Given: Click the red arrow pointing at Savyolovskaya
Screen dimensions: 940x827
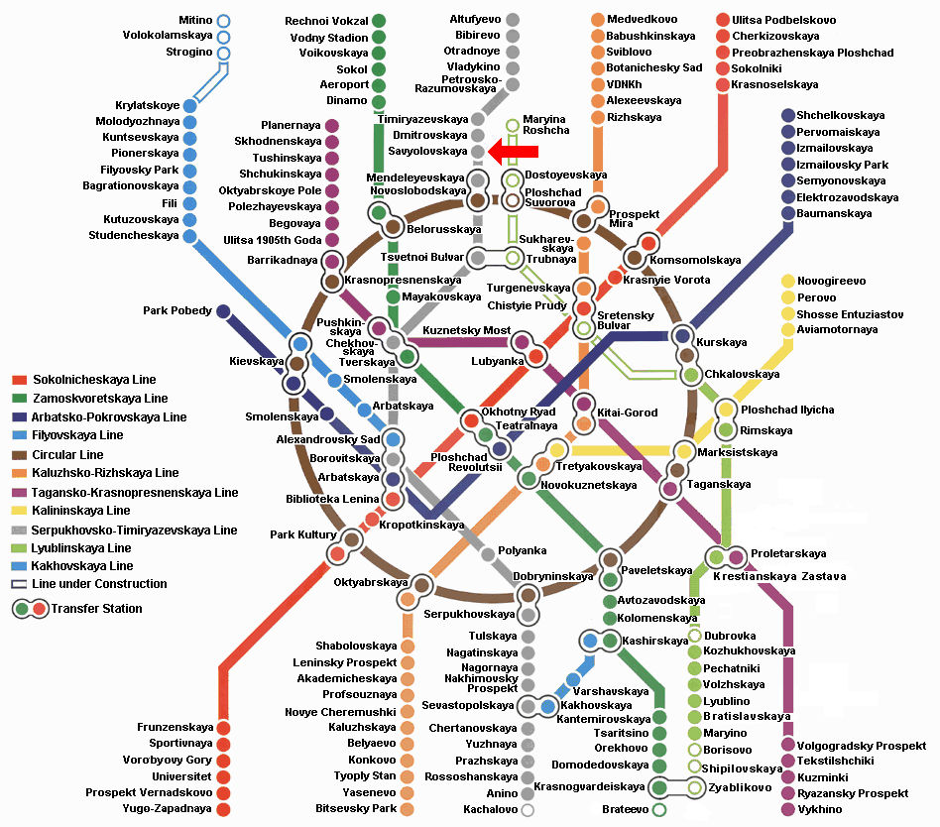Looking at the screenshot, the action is click(514, 152).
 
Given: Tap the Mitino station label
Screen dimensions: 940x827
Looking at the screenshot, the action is click(195, 21).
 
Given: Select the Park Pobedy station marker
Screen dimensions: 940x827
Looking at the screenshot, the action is click(223, 311).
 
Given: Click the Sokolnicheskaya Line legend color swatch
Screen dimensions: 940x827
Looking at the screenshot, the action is click(20, 380).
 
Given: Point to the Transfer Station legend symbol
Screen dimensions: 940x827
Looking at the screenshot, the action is click(30, 609).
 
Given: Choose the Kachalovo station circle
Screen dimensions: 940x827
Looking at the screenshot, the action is click(528, 810).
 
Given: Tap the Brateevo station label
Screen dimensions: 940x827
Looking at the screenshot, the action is click(625, 809).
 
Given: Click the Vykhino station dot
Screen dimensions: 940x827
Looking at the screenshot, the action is click(788, 809).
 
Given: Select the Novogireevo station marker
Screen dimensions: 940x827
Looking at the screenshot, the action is click(788, 281).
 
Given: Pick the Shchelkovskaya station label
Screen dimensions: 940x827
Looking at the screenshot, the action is click(841, 115).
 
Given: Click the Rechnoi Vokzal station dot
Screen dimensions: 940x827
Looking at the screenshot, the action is click(378, 21).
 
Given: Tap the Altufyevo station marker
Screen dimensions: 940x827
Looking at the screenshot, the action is click(512, 20).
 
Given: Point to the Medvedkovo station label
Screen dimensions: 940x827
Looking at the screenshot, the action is click(643, 19).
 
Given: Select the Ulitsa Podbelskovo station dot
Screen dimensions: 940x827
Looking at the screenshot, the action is click(723, 20).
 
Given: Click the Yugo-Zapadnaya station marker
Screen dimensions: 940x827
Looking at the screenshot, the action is click(223, 809).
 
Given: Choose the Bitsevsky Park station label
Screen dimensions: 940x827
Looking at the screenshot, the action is click(356, 808).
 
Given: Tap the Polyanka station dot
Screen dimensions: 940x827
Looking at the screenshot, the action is click(488, 554).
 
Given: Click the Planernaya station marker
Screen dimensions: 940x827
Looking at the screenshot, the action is click(331, 125).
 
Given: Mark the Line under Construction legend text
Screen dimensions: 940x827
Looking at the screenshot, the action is click(99, 583).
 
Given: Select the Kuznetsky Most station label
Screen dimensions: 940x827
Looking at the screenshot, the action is click(466, 330).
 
